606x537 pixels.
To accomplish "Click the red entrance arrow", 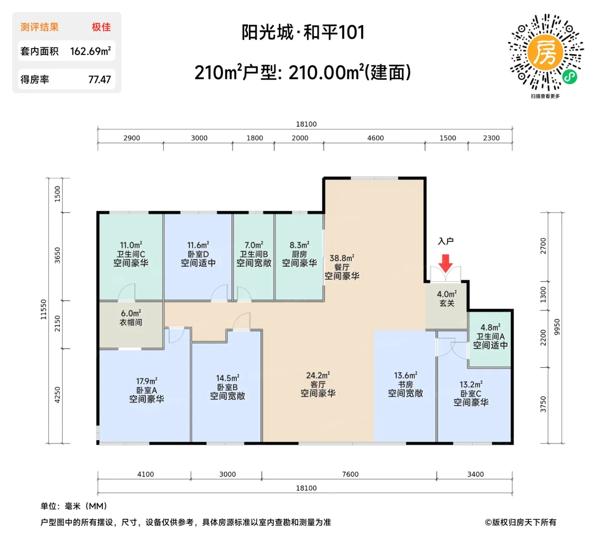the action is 445,263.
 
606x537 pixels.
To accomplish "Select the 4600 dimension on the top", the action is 375,138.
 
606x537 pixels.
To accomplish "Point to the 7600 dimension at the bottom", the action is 350,474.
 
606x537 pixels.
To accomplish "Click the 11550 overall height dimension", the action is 44,309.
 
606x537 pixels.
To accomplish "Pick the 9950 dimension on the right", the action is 556,326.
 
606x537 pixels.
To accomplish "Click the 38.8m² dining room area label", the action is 342,258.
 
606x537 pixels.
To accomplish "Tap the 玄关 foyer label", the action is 447,303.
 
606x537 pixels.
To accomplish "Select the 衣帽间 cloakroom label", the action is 131,322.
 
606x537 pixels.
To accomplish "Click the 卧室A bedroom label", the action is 147,390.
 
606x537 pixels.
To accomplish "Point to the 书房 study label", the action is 405,384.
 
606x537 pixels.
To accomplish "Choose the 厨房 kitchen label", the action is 299,254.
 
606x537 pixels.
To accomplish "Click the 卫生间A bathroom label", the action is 490,336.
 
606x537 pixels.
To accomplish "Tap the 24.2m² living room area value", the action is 318,375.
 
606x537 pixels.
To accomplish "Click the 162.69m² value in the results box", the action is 90,51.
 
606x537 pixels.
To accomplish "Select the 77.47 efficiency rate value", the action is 100,80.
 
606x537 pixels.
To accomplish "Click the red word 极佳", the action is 101,27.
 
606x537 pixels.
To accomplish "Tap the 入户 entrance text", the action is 446,241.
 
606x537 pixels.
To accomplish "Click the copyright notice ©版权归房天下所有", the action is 520,522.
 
